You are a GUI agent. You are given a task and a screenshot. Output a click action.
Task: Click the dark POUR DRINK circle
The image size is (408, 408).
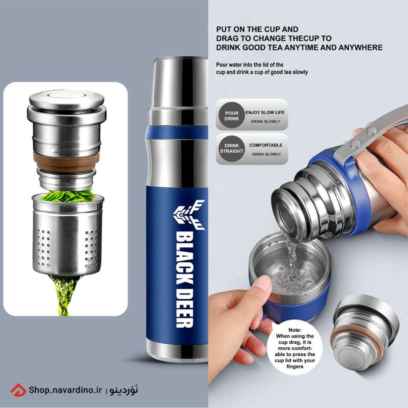231,115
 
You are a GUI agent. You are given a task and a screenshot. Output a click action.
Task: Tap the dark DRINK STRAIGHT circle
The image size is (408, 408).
231,149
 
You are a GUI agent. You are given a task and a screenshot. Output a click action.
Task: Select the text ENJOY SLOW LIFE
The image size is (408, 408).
265,112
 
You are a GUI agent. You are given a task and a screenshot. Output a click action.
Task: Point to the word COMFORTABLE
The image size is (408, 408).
266,145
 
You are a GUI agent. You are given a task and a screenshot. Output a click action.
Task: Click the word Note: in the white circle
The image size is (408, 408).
295,330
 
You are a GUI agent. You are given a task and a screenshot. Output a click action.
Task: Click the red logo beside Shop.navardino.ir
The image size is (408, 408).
18,390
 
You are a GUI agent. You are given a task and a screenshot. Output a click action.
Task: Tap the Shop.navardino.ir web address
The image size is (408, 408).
65,390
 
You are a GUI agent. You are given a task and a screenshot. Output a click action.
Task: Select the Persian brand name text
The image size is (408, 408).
124,390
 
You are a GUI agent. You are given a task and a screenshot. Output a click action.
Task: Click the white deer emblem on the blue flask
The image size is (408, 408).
189,214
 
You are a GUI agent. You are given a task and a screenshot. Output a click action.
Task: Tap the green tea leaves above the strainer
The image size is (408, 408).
68,196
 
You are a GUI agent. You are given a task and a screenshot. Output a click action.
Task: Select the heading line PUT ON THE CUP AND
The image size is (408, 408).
257,29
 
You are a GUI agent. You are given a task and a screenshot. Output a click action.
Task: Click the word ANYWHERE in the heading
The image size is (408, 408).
360,47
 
